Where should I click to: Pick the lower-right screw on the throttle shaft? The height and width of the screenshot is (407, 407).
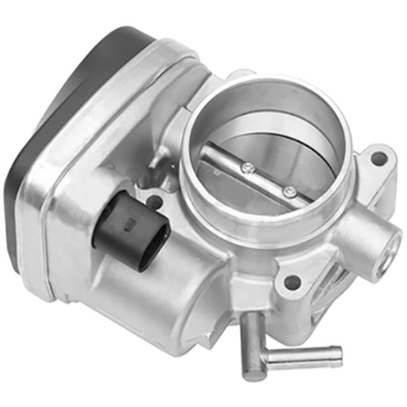click(x=290, y=191)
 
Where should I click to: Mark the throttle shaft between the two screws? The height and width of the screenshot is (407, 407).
click(x=269, y=179)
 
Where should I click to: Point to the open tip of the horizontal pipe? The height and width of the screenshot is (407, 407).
click(x=334, y=355)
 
